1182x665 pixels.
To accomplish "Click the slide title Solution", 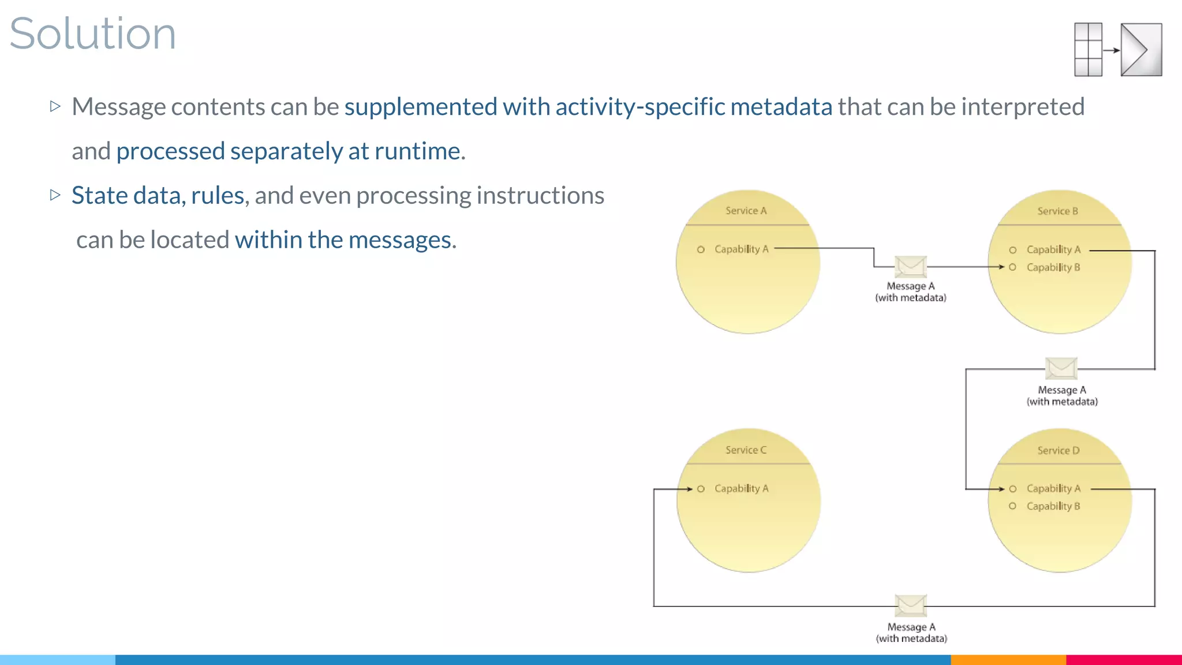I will coord(92,33).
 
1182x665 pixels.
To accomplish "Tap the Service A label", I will coord(746,211).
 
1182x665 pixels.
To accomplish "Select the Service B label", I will coord(1057,211).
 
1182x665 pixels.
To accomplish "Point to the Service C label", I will coord(746,450).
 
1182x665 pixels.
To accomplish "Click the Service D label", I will coord(1058,450).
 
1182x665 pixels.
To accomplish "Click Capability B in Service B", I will coord(1053,267).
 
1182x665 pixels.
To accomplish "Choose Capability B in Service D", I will coord(1053,506).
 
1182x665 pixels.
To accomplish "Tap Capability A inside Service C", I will coord(741,488).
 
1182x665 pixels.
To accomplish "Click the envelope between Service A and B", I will coord(911,267).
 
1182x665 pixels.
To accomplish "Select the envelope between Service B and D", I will coord(1061,368).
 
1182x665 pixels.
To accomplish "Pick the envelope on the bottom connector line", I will coord(911,606).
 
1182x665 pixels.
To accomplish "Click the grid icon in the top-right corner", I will coord(1088,50).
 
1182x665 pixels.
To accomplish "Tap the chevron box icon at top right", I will coord(1141,50).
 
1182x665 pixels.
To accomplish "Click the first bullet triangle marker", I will coord(55,106).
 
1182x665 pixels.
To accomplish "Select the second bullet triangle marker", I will coord(55,195).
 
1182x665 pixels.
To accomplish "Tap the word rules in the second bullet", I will coord(218,196).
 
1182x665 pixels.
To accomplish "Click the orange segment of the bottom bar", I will coord(1008,659).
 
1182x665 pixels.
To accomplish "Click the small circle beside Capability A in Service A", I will coord(701,249).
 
